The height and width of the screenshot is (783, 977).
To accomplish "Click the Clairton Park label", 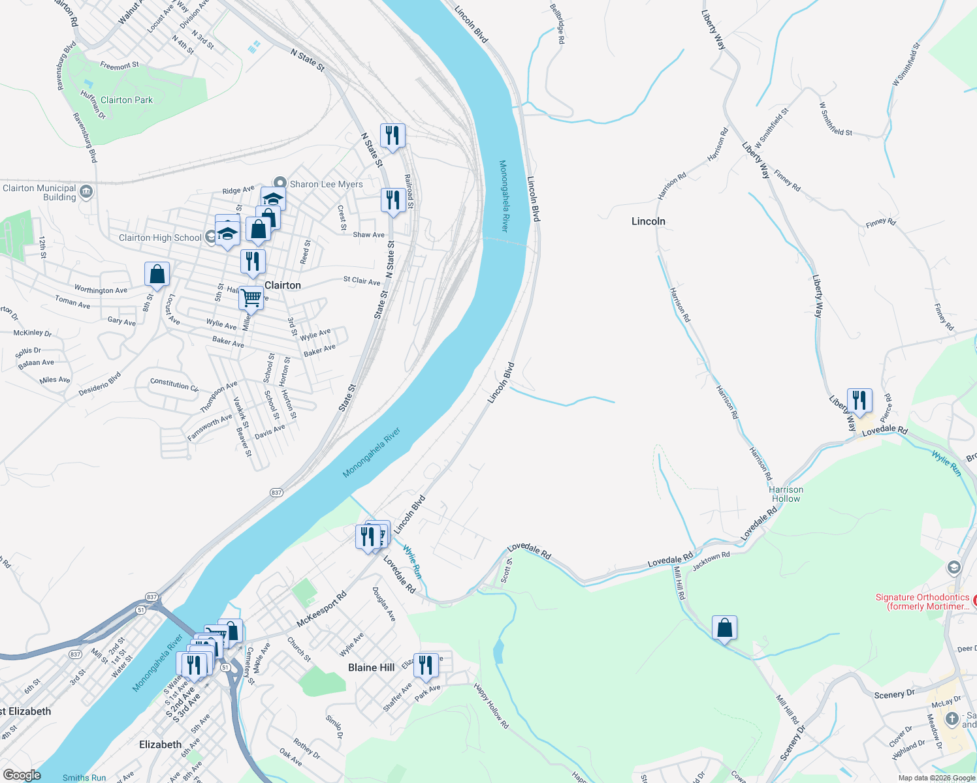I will [x=127, y=100].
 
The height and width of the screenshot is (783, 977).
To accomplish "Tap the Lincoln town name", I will [x=648, y=221].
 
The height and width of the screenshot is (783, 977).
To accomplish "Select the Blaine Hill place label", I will [x=371, y=667].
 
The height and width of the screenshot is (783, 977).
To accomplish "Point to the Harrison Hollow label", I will [x=786, y=494].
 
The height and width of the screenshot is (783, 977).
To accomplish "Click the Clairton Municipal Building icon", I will [x=86, y=192].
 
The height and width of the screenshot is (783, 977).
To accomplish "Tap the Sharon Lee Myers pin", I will [x=280, y=183].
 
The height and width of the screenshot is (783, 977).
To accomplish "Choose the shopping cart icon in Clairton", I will [x=251, y=298].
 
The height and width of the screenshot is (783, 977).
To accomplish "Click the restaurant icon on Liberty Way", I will [x=859, y=399].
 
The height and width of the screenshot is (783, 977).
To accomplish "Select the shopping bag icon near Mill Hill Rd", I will [x=724, y=628].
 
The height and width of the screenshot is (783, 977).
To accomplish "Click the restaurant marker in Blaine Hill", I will [x=425, y=665].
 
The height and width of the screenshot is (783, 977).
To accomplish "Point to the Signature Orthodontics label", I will [x=922, y=602].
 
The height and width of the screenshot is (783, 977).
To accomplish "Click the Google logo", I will [x=22, y=775].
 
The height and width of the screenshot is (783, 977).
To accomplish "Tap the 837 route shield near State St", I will [x=276, y=493].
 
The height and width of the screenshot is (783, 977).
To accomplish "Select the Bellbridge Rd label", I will [x=557, y=24].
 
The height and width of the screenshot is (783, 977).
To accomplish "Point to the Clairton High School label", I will [x=160, y=238].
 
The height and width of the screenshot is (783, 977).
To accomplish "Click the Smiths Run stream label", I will [x=84, y=777].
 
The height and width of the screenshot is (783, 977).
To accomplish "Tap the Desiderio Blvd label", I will [x=100, y=384].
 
